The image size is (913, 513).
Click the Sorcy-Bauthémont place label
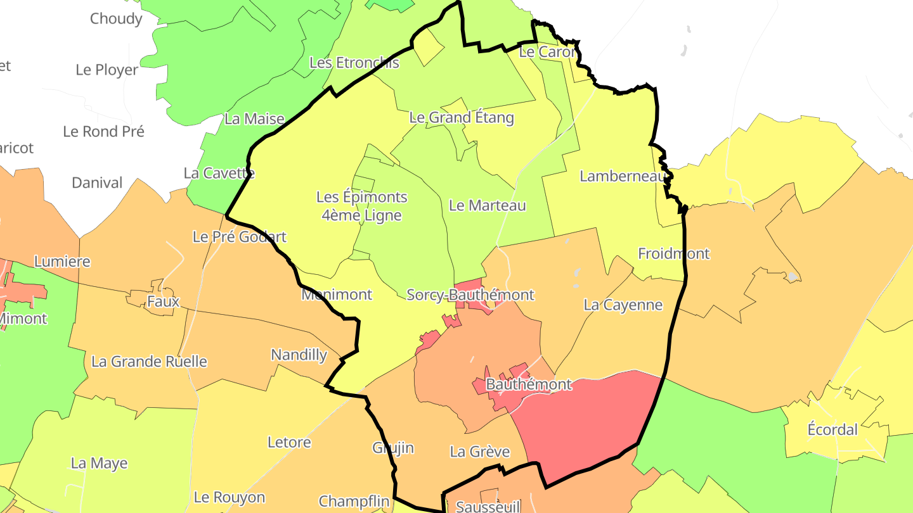(470, 294)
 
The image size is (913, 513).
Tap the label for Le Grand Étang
(462, 117)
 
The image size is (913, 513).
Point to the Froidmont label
(673, 253)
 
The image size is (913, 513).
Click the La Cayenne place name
(623, 305)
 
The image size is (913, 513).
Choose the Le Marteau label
(487, 205)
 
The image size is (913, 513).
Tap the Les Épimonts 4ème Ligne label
(361, 206)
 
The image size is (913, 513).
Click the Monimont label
(336, 294)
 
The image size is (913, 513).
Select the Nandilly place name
(299, 355)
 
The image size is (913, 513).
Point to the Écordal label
(832, 429)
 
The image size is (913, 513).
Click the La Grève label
(479, 452)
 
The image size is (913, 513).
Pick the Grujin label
(392, 448)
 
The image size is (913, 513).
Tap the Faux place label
(163, 301)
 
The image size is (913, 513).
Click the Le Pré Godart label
(239, 237)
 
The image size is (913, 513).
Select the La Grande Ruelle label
(149, 362)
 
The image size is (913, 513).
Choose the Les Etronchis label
(354, 62)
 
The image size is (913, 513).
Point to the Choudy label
(116, 18)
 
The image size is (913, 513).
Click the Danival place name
(97, 183)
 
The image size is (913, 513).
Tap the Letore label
(289, 442)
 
